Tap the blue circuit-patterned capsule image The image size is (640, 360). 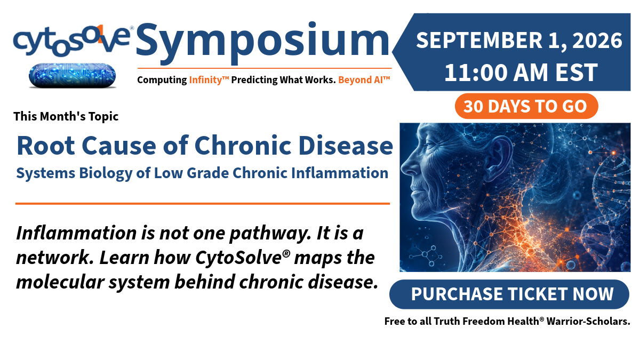(73, 75)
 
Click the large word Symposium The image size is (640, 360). (263, 42)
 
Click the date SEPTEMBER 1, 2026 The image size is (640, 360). (519, 41)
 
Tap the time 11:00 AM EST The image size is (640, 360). (521, 73)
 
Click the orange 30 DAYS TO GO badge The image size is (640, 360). (526, 106)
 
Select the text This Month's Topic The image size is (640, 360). (66, 116)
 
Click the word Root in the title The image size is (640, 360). (46, 146)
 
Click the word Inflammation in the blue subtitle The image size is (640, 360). (340, 173)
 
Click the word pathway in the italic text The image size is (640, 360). (270, 234)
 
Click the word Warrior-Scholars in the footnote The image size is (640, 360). (588, 321)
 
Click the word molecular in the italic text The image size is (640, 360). (60, 282)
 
